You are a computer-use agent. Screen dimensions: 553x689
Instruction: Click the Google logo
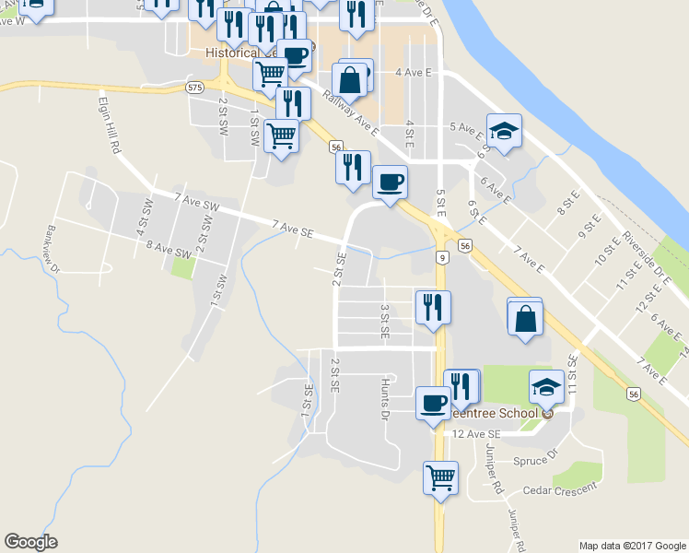30,542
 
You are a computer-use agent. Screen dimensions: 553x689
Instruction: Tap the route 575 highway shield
193,87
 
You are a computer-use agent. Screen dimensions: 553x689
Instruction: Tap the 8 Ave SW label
167,248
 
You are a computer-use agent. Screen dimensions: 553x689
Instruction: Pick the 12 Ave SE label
475,433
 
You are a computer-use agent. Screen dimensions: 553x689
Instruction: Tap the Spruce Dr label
539,454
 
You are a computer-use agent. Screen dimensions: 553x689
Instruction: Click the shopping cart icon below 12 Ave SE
441,477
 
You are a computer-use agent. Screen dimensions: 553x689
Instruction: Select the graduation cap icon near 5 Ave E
504,131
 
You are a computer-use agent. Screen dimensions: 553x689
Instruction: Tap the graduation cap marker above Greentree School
546,387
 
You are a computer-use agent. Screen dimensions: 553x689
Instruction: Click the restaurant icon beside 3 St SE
432,306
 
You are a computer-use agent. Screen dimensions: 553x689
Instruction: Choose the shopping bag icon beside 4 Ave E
350,79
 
